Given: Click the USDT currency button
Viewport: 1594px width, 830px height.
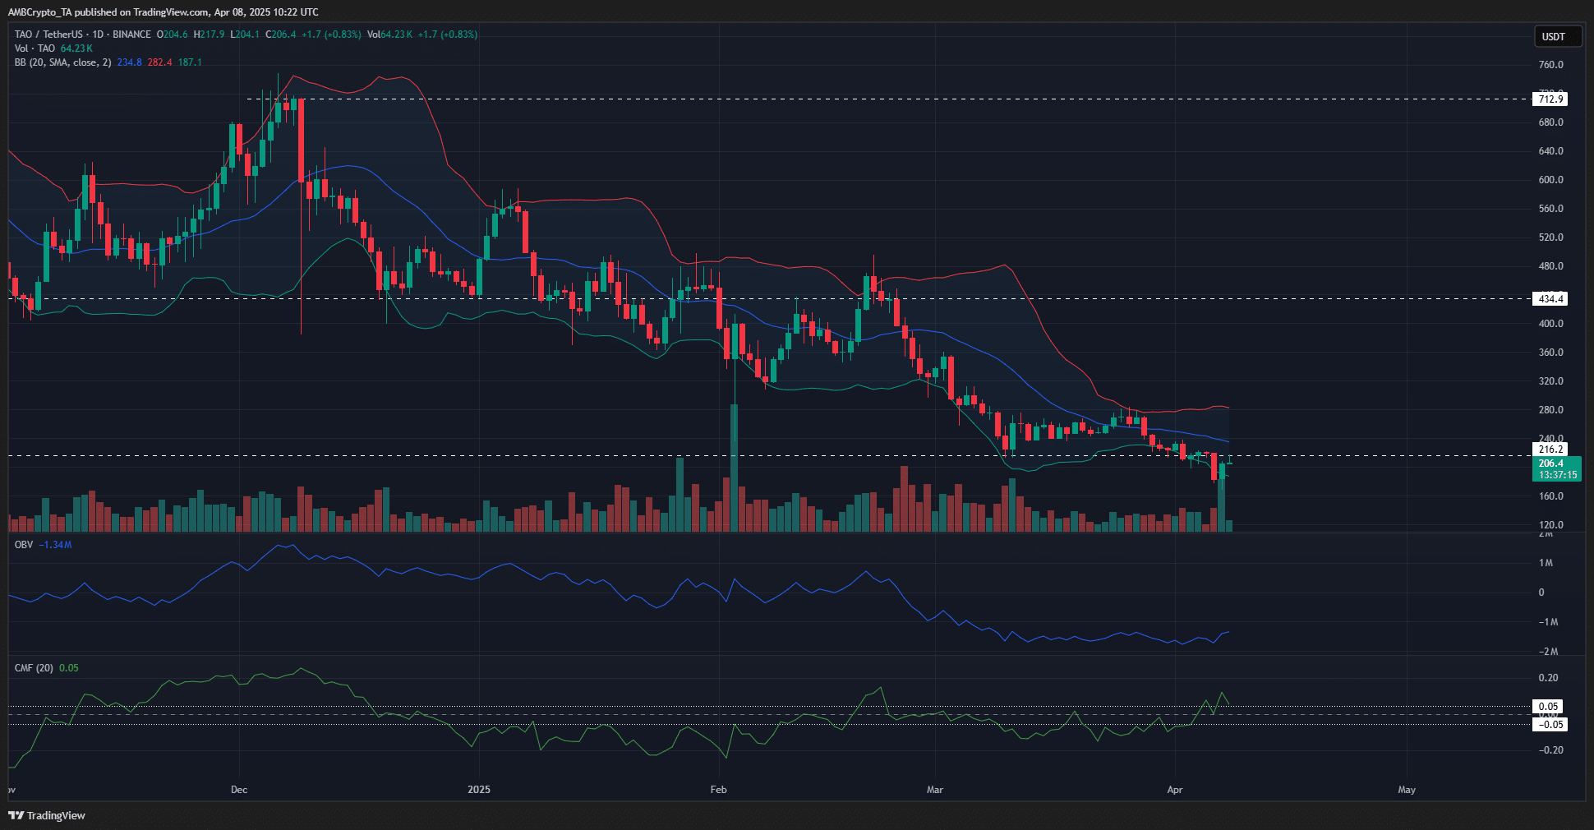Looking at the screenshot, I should click(1553, 37).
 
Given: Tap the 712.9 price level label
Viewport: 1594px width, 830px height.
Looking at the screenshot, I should click(1550, 99).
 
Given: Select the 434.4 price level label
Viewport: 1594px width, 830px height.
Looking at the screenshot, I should click(1550, 299).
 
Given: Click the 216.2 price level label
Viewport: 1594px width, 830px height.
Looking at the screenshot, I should click(1550, 450).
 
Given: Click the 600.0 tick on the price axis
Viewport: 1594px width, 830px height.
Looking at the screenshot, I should click(1550, 180).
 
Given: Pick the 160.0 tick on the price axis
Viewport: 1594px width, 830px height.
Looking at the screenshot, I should click(1550, 496).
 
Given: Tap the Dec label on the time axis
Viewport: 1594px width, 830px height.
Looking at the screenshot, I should click(239, 790).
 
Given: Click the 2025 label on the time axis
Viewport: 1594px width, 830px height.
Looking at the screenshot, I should click(479, 790).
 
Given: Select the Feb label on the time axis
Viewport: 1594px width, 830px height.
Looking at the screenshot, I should click(719, 790).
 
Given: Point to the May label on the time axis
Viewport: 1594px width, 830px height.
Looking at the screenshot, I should click(1407, 790).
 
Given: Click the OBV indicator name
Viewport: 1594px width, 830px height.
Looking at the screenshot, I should click(24, 545).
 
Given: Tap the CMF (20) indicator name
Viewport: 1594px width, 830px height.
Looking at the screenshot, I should click(34, 668).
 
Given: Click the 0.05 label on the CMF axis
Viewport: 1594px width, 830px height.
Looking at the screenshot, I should click(1549, 707).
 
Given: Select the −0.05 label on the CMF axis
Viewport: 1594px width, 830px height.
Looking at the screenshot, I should click(1550, 725).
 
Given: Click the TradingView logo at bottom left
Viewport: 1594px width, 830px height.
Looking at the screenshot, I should click(48, 815).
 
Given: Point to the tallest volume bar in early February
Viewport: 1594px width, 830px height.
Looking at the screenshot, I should click(734, 468).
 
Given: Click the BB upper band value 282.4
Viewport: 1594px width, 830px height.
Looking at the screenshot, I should click(159, 62).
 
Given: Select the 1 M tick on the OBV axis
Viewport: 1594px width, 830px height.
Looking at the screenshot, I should click(1546, 563).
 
